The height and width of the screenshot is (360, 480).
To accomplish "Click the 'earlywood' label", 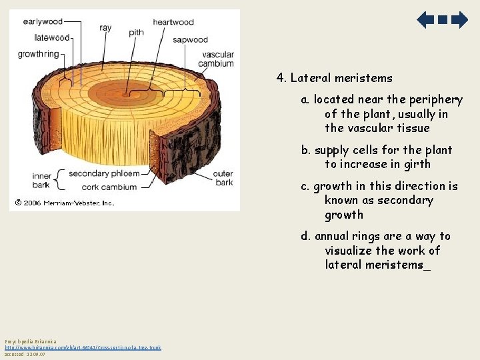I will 43,21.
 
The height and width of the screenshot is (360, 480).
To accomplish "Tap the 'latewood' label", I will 51,37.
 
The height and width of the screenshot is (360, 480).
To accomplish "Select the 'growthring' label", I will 39,53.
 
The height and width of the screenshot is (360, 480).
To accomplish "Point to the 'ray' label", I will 105,28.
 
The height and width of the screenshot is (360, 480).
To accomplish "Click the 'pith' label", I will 136,32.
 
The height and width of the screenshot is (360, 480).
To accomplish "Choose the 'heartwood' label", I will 173,22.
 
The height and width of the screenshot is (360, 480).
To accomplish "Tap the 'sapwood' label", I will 190,40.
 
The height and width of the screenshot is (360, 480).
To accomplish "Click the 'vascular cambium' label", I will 217,59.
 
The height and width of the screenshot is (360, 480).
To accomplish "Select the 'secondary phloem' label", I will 104,174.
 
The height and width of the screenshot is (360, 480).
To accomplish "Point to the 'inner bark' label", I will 41,181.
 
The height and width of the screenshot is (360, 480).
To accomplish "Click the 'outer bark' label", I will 223,178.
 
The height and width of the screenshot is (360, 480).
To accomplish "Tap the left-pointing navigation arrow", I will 425,20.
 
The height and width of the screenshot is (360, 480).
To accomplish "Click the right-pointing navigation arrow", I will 459,20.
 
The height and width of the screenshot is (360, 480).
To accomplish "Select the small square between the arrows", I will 443,20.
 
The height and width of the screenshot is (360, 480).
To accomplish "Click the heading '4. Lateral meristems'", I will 335,78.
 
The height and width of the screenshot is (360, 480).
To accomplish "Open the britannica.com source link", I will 83,347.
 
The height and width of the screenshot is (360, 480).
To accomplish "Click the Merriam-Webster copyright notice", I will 65,203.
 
